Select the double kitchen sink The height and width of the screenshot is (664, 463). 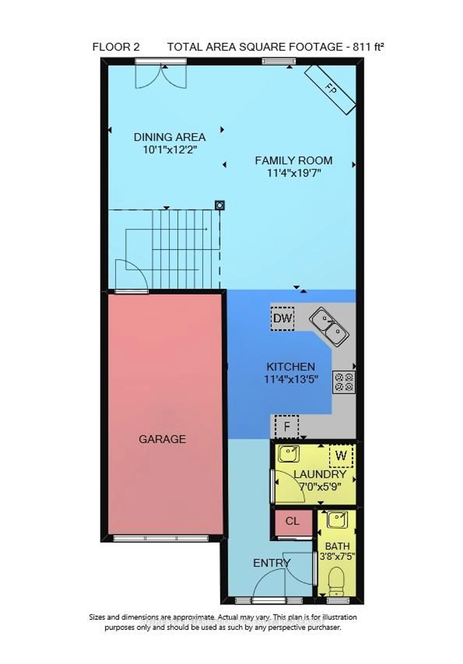(x=329, y=327)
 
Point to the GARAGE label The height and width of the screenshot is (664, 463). (x=162, y=439)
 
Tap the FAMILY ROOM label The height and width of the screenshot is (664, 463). (x=293, y=161)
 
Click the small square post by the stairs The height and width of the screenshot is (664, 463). (x=220, y=205)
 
